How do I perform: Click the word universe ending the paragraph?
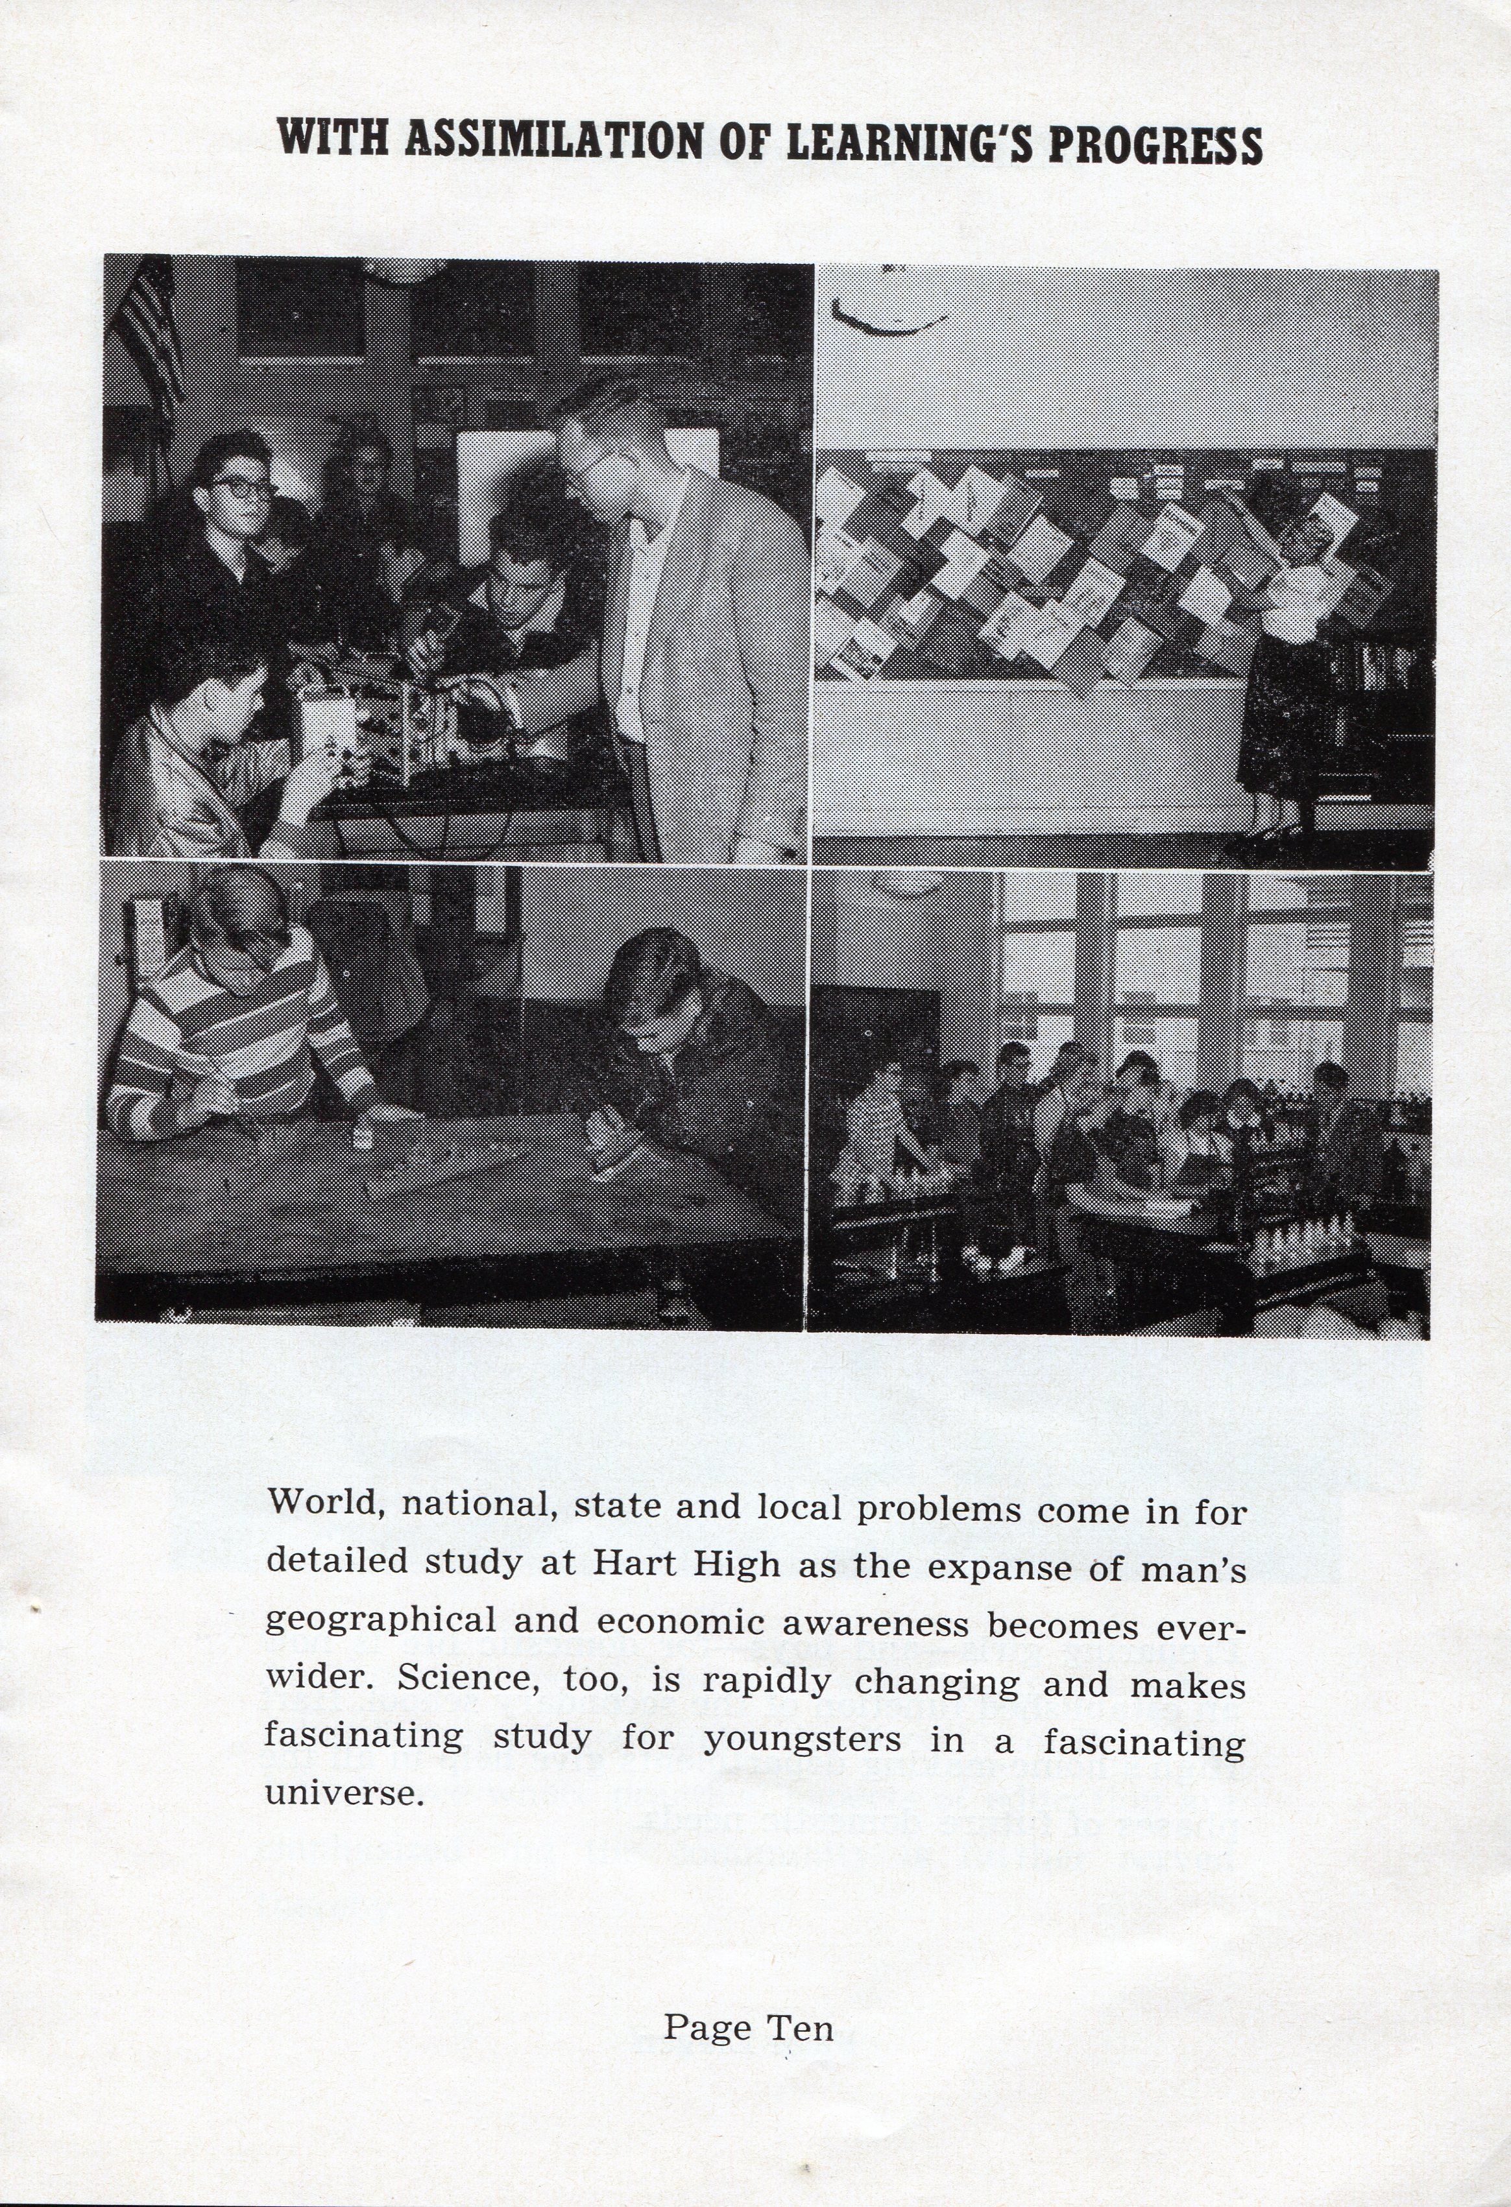coord(342,1793)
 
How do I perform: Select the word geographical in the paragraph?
coord(380,1620)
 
